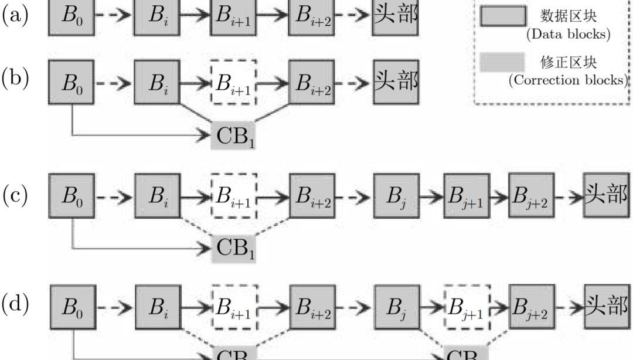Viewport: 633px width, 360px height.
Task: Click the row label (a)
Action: (x=16, y=15)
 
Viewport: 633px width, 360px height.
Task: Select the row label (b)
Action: (x=16, y=79)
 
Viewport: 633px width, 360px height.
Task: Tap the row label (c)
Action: (x=16, y=196)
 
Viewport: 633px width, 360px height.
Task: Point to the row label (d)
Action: (x=16, y=305)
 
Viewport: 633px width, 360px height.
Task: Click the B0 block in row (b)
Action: (x=71, y=83)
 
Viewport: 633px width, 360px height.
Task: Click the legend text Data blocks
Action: (x=567, y=34)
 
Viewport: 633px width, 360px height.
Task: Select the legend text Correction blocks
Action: (x=567, y=80)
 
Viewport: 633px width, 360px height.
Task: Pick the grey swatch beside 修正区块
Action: (x=502, y=62)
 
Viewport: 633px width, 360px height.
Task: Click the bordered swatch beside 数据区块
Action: (x=502, y=16)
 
